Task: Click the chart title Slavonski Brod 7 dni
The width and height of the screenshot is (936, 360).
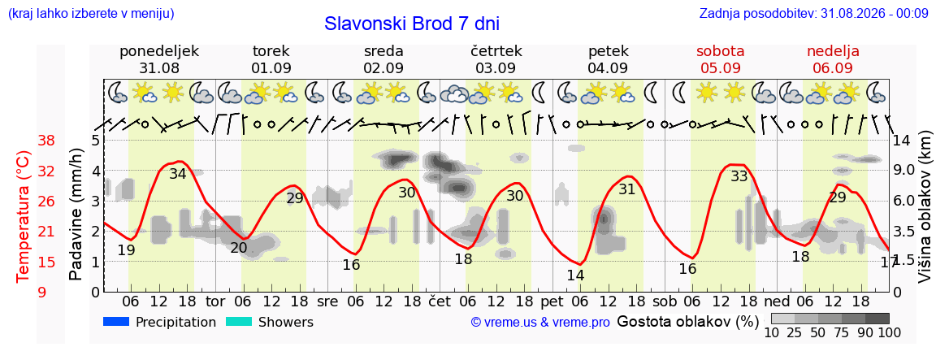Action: click(x=412, y=24)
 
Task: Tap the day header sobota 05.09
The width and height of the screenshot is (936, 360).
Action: click(x=725, y=59)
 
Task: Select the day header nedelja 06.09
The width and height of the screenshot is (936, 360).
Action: click(x=833, y=59)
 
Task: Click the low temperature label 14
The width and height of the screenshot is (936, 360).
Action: click(x=575, y=275)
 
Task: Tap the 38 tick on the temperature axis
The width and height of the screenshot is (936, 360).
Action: click(x=46, y=141)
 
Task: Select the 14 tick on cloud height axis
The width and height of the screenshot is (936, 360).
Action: click(x=902, y=141)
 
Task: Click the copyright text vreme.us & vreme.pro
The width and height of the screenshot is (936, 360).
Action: click(x=540, y=323)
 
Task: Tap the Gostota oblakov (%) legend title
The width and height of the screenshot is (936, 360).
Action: click(x=687, y=322)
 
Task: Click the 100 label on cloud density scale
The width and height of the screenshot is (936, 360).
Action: click(x=888, y=332)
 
